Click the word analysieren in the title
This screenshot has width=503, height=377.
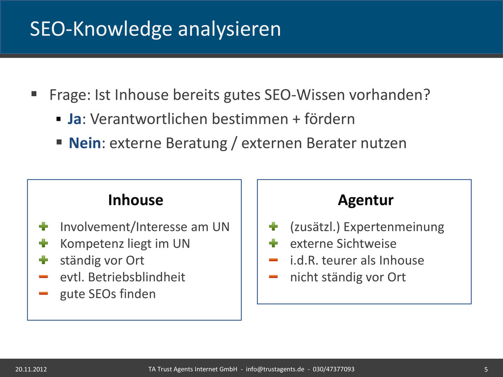pyautogui.click(x=229, y=29)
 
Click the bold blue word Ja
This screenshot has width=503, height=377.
pyautogui.click(x=75, y=119)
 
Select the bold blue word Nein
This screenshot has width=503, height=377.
pyautogui.click(x=84, y=143)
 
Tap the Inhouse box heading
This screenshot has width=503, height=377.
pyautogui.click(x=136, y=200)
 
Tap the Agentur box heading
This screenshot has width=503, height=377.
pyautogui.click(x=365, y=200)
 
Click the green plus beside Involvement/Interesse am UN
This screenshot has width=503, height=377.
pyautogui.click(x=43, y=227)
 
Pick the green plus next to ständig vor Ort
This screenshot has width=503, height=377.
pyautogui.click(x=43, y=260)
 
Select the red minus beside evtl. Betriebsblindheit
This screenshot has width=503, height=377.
pyautogui.click(x=43, y=277)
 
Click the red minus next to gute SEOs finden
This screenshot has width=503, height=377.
pyautogui.click(x=43, y=294)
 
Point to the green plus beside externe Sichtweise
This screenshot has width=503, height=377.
pyautogui.click(x=273, y=243)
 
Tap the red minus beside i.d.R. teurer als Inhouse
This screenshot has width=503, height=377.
pyautogui.click(x=273, y=260)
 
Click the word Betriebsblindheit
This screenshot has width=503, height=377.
pyautogui.click(x=137, y=277)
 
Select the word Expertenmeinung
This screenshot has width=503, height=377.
pyautogui.click(x=394, y=227)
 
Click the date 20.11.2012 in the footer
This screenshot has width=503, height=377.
pyautogui.click(x=31, y=369)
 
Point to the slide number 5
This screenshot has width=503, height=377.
pyautogui.click(x=486, y=369)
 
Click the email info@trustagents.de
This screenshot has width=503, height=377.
pyautogui.click(x=275, y=369)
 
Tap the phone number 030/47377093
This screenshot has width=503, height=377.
pyautogui.click(x=334, y=369)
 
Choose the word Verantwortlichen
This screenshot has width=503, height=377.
pyautogui.click(x=149, y=119)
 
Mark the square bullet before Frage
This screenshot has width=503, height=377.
pyautogui.click(x=34, y=94)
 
